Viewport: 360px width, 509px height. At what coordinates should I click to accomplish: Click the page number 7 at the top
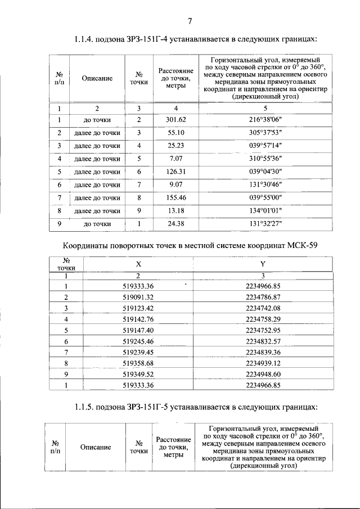pos(190,21)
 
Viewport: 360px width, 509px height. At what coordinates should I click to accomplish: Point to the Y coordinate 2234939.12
pos(263,363)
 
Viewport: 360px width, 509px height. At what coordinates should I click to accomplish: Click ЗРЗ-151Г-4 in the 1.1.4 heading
pos(141,40)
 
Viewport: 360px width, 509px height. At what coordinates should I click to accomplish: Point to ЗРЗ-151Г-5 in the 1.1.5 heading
pos(142,406)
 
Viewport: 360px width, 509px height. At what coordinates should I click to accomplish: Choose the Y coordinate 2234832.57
pos(263,341)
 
